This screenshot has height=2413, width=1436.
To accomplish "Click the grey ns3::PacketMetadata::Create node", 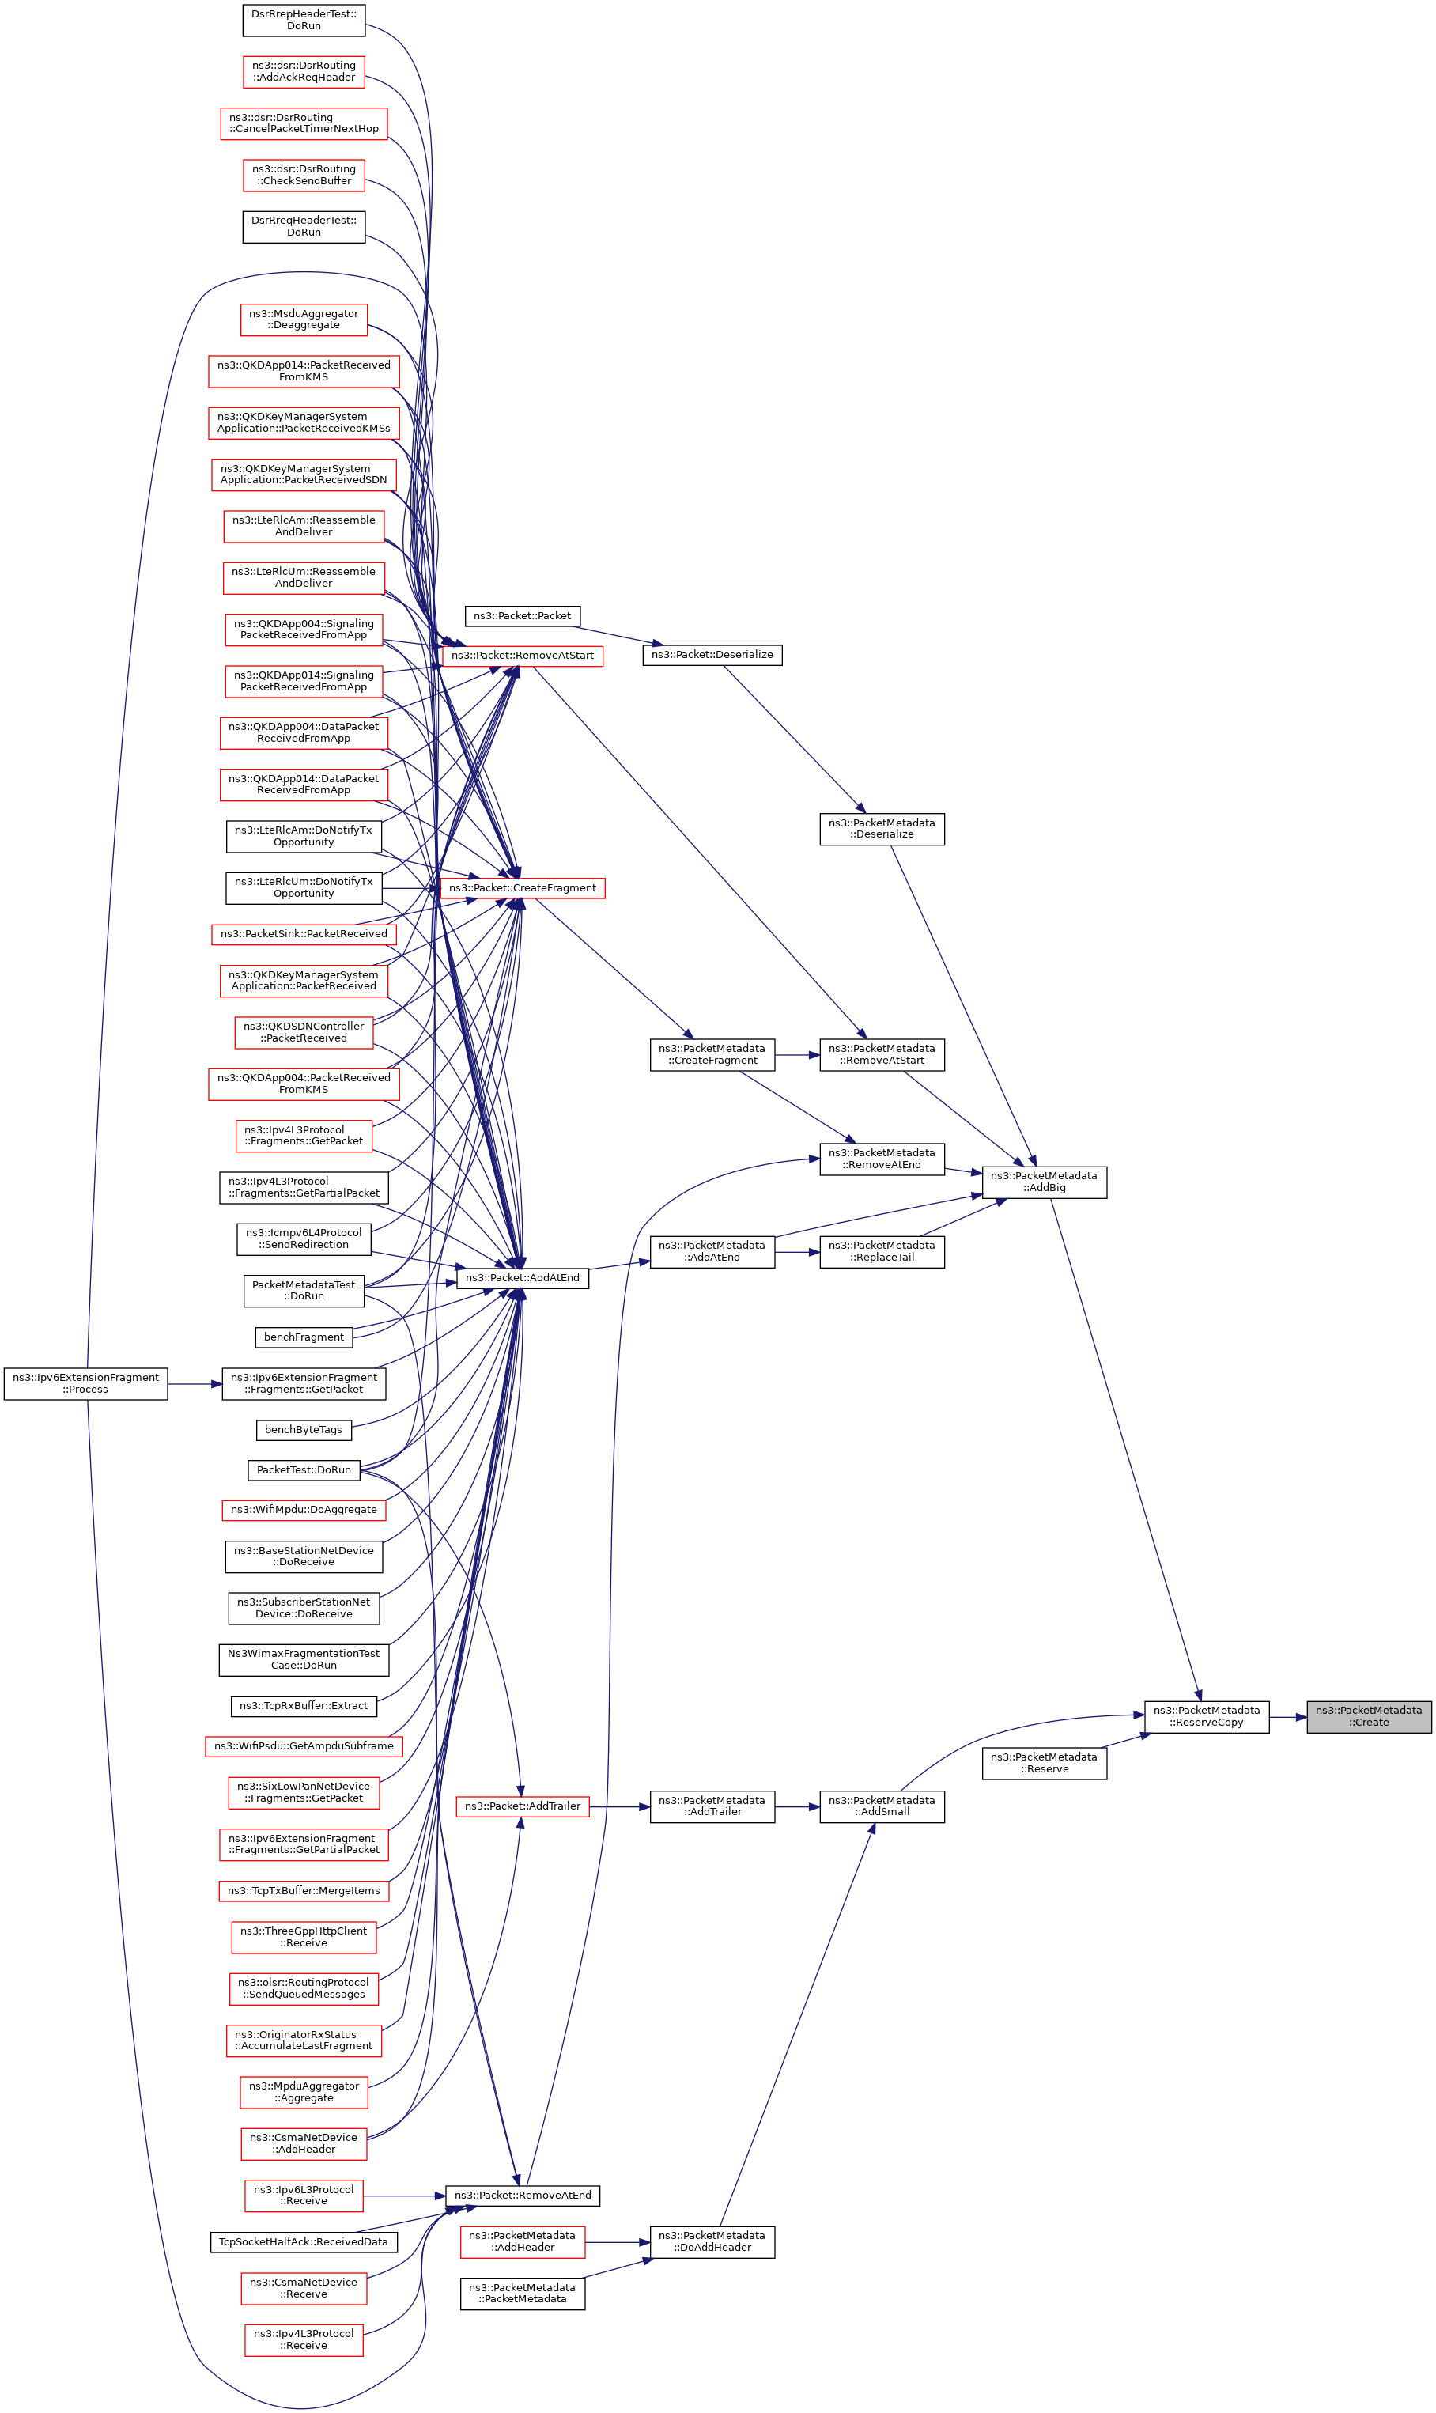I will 1368,1716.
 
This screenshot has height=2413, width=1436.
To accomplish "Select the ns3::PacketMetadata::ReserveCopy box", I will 1206,1716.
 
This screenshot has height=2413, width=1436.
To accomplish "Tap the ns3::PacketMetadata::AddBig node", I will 1044,1182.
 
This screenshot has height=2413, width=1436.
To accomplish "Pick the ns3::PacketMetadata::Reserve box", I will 1044,1763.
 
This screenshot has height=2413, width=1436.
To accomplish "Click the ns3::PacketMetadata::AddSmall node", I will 882,1806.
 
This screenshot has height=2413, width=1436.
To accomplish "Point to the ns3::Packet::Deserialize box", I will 712,655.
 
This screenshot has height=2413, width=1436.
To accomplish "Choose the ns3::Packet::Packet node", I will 522,615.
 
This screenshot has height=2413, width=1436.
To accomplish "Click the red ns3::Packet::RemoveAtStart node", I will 522,656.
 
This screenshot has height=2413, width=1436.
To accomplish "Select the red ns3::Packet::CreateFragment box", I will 522,887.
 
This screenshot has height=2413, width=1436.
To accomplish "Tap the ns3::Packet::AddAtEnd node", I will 522,1277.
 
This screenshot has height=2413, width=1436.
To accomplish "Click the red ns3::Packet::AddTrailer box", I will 522,1806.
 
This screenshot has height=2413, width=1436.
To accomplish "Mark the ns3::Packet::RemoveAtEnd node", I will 522,2195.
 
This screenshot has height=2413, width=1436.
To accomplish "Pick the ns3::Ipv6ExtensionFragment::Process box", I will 85,1383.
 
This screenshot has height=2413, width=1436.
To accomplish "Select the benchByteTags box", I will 303,1429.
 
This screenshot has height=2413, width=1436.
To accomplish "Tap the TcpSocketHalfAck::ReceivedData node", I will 303,2241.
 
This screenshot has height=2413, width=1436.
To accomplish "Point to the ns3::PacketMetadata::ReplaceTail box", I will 882,1251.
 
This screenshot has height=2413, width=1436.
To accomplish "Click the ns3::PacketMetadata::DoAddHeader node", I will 712,2241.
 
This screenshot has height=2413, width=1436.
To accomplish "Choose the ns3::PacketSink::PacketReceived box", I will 303,934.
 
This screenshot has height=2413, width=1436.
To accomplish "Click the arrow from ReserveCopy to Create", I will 1287,1717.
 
